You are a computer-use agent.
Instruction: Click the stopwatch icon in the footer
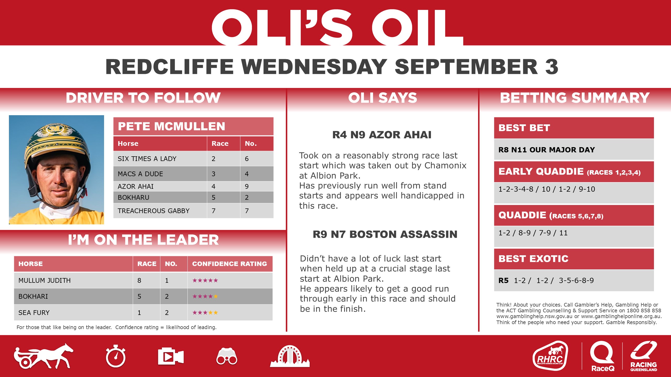116,357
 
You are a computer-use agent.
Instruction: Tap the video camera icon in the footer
171,357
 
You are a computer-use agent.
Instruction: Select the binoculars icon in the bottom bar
227,357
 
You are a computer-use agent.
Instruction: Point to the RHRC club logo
550,356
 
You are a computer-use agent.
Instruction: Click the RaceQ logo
602,356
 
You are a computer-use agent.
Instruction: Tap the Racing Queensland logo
643,356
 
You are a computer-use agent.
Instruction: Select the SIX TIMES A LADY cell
147,159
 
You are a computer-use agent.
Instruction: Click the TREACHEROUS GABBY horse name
154,211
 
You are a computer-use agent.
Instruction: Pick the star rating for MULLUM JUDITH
205,281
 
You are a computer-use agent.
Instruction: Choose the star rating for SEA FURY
205,313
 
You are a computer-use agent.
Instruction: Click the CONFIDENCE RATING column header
229,264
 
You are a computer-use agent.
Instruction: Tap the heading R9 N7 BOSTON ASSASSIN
385,234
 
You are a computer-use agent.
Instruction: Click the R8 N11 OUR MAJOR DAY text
546,150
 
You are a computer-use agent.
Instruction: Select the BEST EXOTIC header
533,259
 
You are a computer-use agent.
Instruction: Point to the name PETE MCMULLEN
171,126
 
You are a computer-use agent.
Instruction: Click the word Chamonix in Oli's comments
445,165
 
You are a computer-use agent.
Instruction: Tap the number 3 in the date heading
551,66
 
